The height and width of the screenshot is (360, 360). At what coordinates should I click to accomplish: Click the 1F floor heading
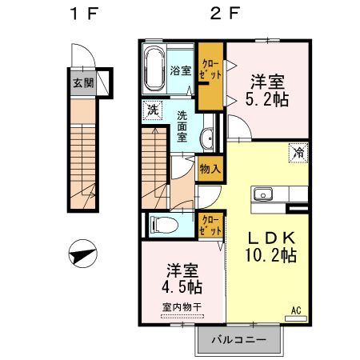pos(84,14)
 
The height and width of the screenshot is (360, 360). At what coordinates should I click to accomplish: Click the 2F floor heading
pos(225,14)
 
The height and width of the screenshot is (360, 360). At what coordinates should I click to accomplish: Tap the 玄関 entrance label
pos(83,83)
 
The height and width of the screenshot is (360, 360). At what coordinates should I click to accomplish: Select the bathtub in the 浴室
pos(154,69)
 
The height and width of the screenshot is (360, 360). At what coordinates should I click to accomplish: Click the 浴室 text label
pos(181,70)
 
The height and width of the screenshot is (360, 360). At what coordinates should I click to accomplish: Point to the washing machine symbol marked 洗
pos(153,110)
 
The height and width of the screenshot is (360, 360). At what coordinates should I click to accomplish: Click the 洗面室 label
pos(182,126)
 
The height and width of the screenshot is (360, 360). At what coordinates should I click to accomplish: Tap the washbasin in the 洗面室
pos(207,138)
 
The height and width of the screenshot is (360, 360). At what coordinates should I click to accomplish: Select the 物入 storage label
pos(210,169)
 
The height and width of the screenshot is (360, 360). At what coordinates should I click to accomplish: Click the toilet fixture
pos(164,225)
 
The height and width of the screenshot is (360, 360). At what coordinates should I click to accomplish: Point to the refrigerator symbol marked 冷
pos(298,153)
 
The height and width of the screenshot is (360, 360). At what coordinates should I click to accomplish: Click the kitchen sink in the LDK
pos(263,194)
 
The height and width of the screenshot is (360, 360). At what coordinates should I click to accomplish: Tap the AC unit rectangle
pos(296,318)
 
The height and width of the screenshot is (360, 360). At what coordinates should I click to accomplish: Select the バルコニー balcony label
pos(239,340)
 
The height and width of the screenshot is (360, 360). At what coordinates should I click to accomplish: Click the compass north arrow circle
pos(83,254)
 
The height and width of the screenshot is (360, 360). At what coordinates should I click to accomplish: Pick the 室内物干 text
pos(182,307)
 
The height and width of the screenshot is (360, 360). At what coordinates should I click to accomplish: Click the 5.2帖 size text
pos(267,99)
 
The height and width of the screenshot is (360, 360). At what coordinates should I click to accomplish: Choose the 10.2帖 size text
pos(270,255)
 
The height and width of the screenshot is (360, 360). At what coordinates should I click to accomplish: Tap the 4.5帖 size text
pos(182,286)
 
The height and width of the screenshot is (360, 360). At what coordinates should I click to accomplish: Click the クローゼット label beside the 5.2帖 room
pos(210,70)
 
